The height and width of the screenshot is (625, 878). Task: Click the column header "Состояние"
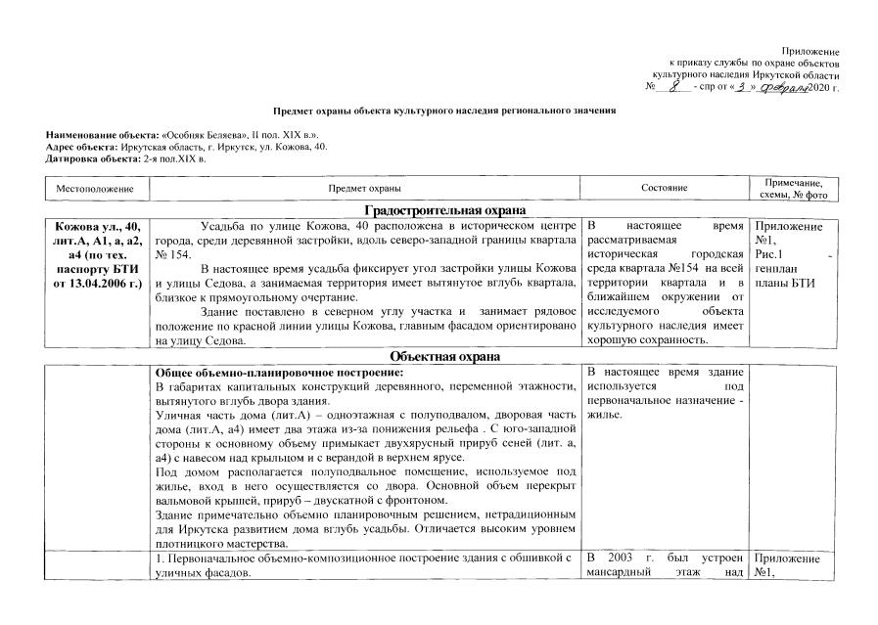coord(664,187)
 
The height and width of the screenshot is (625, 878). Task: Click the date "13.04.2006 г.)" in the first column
coord(98,284)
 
